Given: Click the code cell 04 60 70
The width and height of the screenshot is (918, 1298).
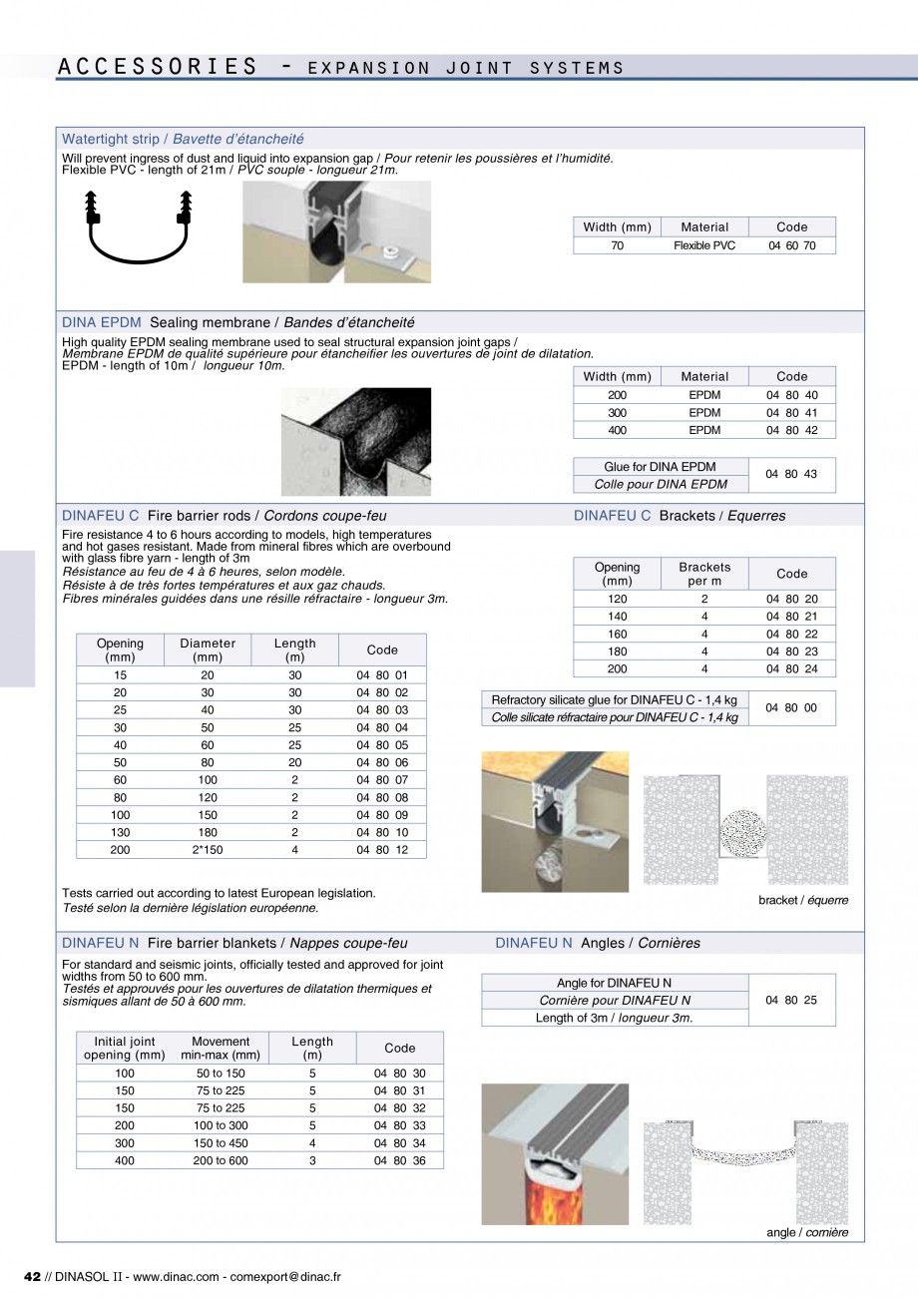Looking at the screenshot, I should point(791,245).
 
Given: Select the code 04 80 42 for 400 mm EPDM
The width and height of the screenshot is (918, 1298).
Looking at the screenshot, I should point(791,430).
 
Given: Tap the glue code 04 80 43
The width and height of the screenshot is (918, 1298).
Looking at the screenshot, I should point(791,475).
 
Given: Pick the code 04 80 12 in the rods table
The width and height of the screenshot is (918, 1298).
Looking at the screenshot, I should point(382,849).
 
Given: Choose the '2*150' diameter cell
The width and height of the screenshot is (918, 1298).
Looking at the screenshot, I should point(208,849).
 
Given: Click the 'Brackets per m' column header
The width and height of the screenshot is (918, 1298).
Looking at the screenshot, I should point(703,574).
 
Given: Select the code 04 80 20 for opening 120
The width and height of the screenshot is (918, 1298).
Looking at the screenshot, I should point(791,599).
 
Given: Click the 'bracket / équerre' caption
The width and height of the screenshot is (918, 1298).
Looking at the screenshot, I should point(803,900).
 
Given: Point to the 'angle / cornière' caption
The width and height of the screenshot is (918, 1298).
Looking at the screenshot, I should point(806,1232).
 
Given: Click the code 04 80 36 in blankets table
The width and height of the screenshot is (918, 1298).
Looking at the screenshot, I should point(399,1160).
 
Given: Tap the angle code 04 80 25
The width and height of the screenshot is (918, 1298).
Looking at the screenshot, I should point(791,1000).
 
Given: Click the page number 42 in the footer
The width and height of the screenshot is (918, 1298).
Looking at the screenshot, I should point(31,1276).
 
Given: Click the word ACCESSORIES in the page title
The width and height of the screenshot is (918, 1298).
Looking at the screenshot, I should point(157,67).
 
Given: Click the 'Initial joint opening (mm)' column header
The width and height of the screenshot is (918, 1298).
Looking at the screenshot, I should point(124,1048).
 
